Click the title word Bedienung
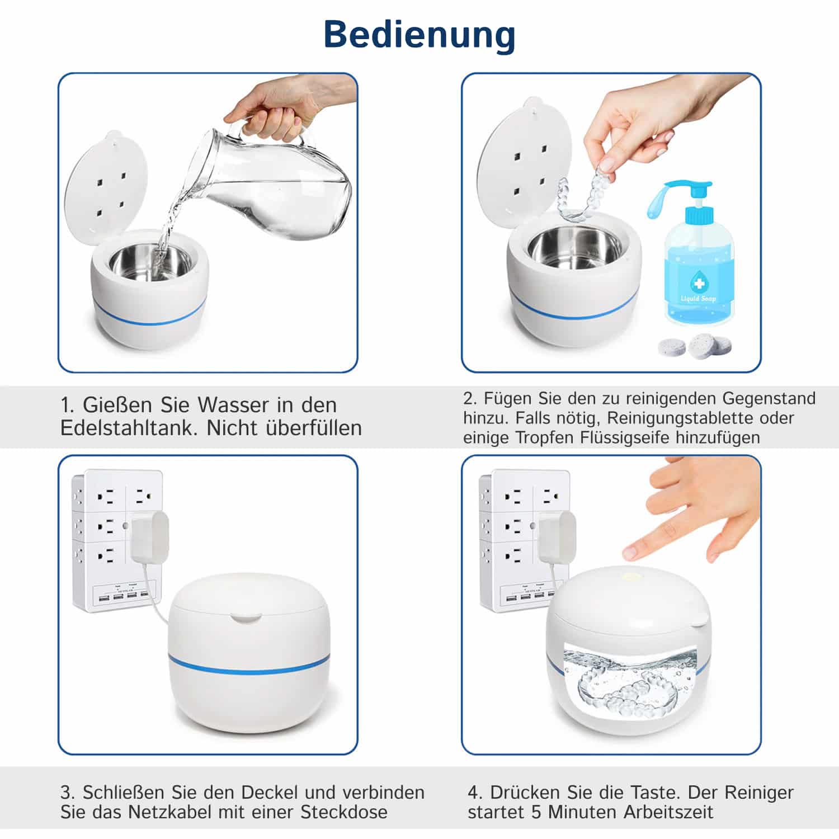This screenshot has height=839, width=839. point(419,35)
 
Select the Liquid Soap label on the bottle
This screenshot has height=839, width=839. point(699,298)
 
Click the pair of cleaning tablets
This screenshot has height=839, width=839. point(695,346)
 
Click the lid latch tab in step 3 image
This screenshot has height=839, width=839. point(246,618)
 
